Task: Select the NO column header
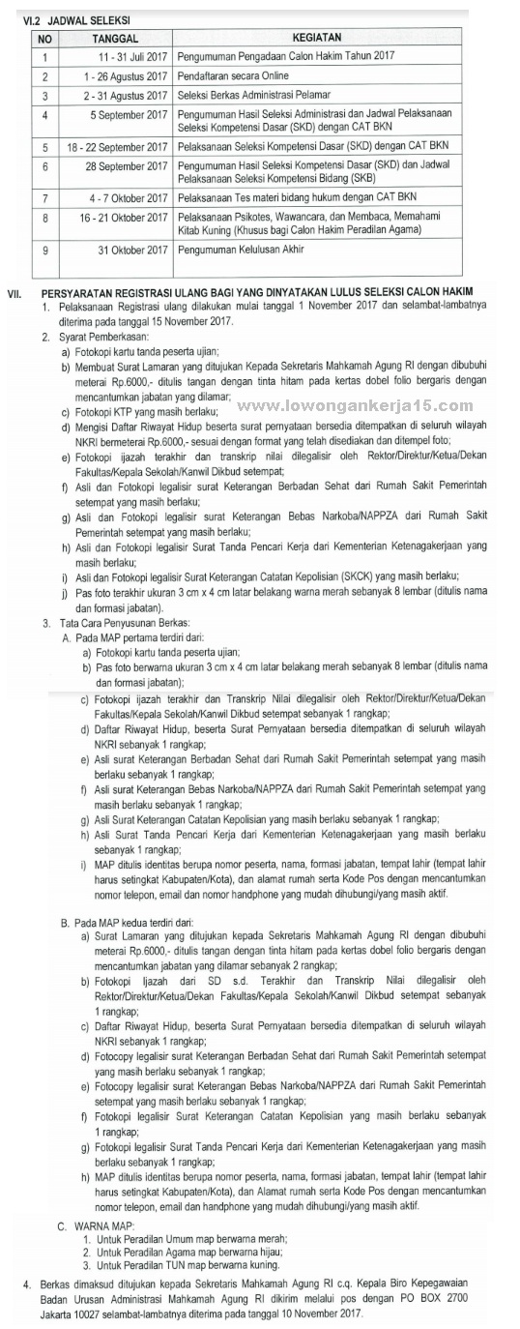(44, 38)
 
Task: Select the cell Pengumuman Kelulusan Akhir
(241, 249)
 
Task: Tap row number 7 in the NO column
(44, 197)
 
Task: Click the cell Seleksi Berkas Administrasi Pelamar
(254, 95)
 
